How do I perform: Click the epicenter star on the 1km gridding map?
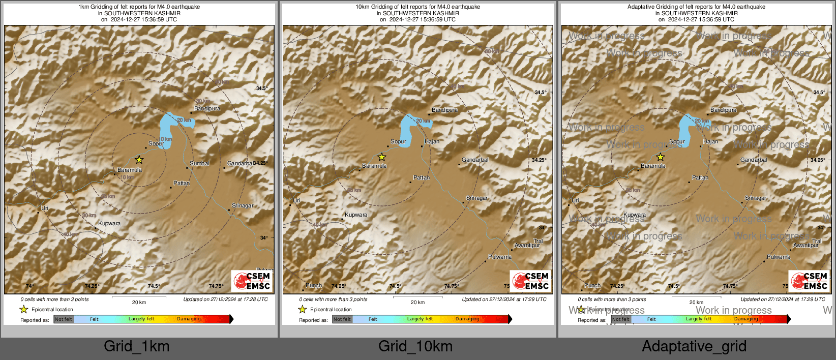pyautogui.click(x=139, y=160)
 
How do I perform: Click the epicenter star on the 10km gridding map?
pyautogui.click(x=381, y=157)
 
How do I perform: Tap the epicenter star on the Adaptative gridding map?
pyautogui.click(x=660, y=157)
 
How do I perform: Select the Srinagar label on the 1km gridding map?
pyautogui.click(x=242, y=205)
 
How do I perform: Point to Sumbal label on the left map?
pyautogui.click(x=199, y=163)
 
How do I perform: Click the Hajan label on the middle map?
pyautogui.click(x=431, y=141)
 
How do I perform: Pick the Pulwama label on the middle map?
pyautogui.click(x=499, y=257)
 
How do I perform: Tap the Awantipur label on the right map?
pyautogui.click(x=805, y=245)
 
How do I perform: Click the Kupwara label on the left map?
pyautogui.click(x=109, y=223)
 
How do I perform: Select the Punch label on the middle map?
pyautogui.click(x=313, y=285)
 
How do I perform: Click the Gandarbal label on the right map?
pyautogui.click(x=754, y=160)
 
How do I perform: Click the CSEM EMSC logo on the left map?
pyautogui.click(x=252, y=281)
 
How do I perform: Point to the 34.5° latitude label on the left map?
pyautogui.click(x=261, y=88)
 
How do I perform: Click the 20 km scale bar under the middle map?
pyautogui.click(x=417, y=297)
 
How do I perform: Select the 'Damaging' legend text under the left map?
pyautogui.click(x=189, y=319)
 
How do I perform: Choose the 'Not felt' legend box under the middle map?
pyautogui.click(x=342, y=319)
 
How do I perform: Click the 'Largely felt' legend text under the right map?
pyautogui.click(x=698, y=319)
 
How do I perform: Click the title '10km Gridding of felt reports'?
pyautogui.click(x=417, y=7)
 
